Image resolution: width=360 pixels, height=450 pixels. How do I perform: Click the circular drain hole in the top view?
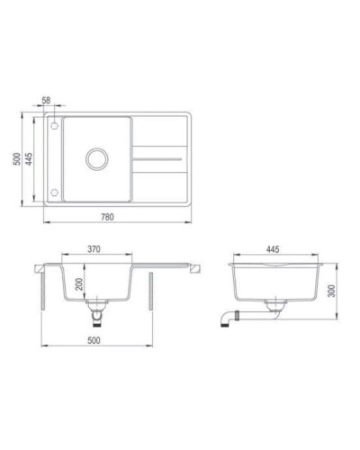[x=95, y=161]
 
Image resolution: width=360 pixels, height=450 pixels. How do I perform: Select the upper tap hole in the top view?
[x=54, y=125]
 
